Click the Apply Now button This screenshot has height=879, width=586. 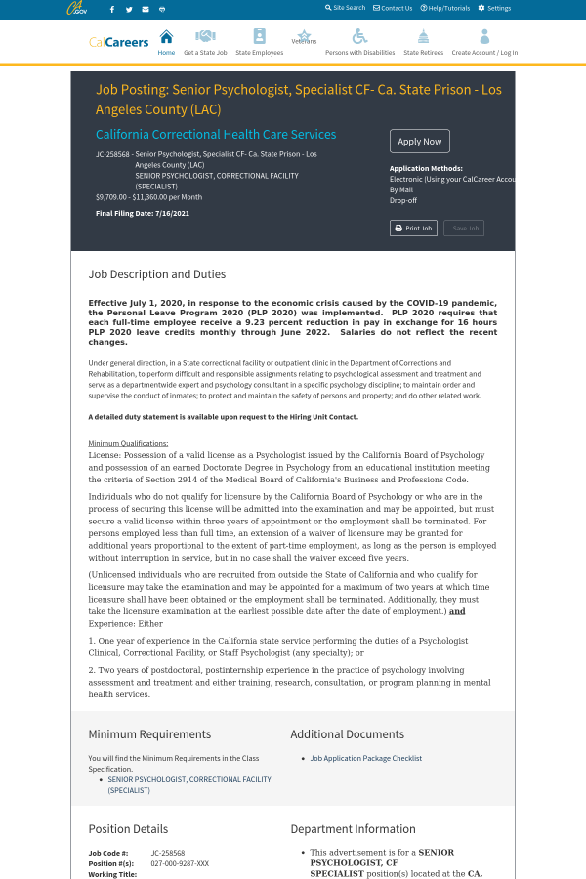point(420,141)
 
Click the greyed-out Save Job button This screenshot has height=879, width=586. point(464,228)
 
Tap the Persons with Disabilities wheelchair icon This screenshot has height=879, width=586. point(359,36)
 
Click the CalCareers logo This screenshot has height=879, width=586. point(119,42)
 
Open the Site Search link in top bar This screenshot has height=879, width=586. point(346,8)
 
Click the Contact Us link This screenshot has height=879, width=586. point(393,8)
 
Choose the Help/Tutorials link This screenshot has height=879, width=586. point(445,8)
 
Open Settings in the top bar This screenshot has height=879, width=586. point(494,8)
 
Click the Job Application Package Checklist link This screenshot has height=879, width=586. point(365,758)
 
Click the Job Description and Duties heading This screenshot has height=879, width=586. point(157,274)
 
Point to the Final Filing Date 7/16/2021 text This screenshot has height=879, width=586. point(143,213)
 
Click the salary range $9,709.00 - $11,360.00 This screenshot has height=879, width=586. point(148,196)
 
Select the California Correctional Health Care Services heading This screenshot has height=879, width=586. point(216,135)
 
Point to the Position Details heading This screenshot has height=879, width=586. point(128,829)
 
